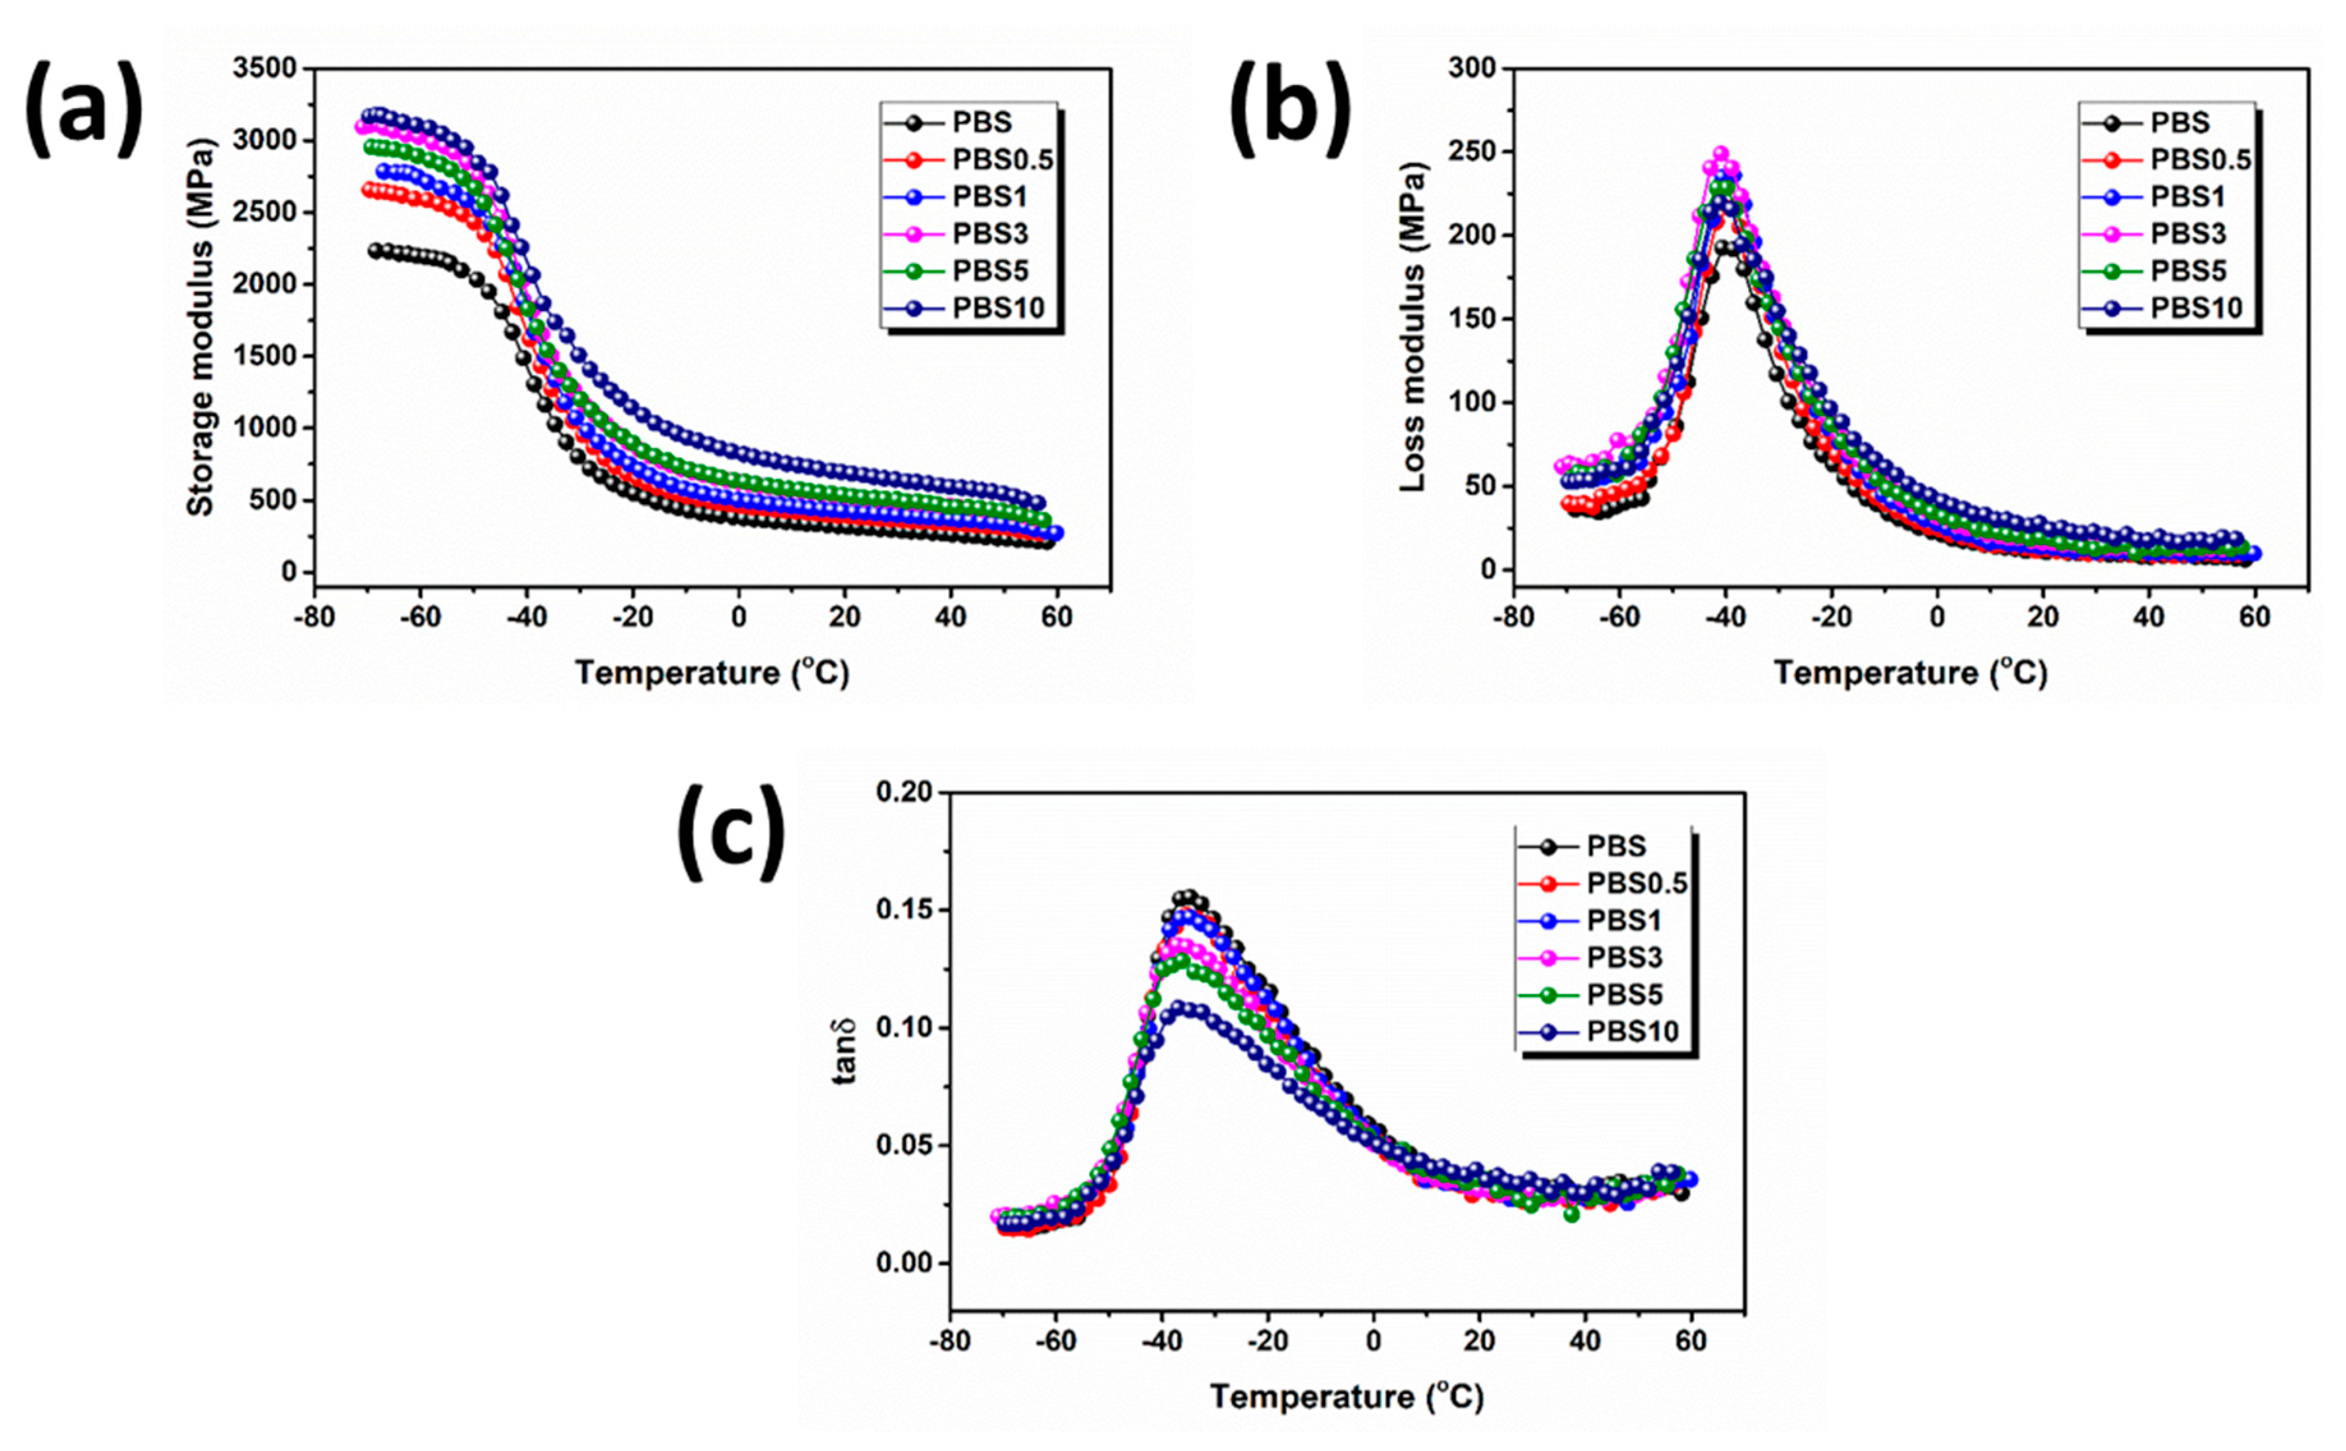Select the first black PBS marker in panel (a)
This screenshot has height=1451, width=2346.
click(x=376, y=250)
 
